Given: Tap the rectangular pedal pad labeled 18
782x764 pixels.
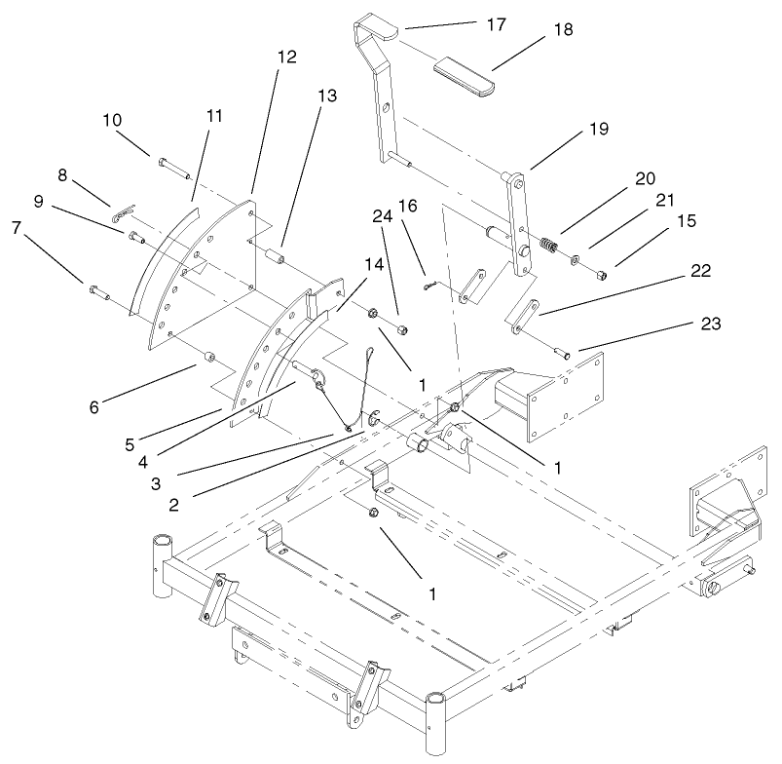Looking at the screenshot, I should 465,75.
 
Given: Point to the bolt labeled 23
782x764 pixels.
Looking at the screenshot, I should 561,350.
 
